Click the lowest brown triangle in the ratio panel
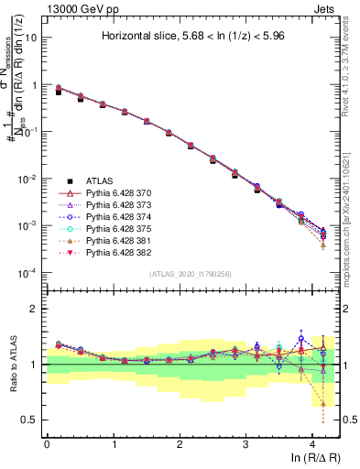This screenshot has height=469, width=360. coord(323,404)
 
